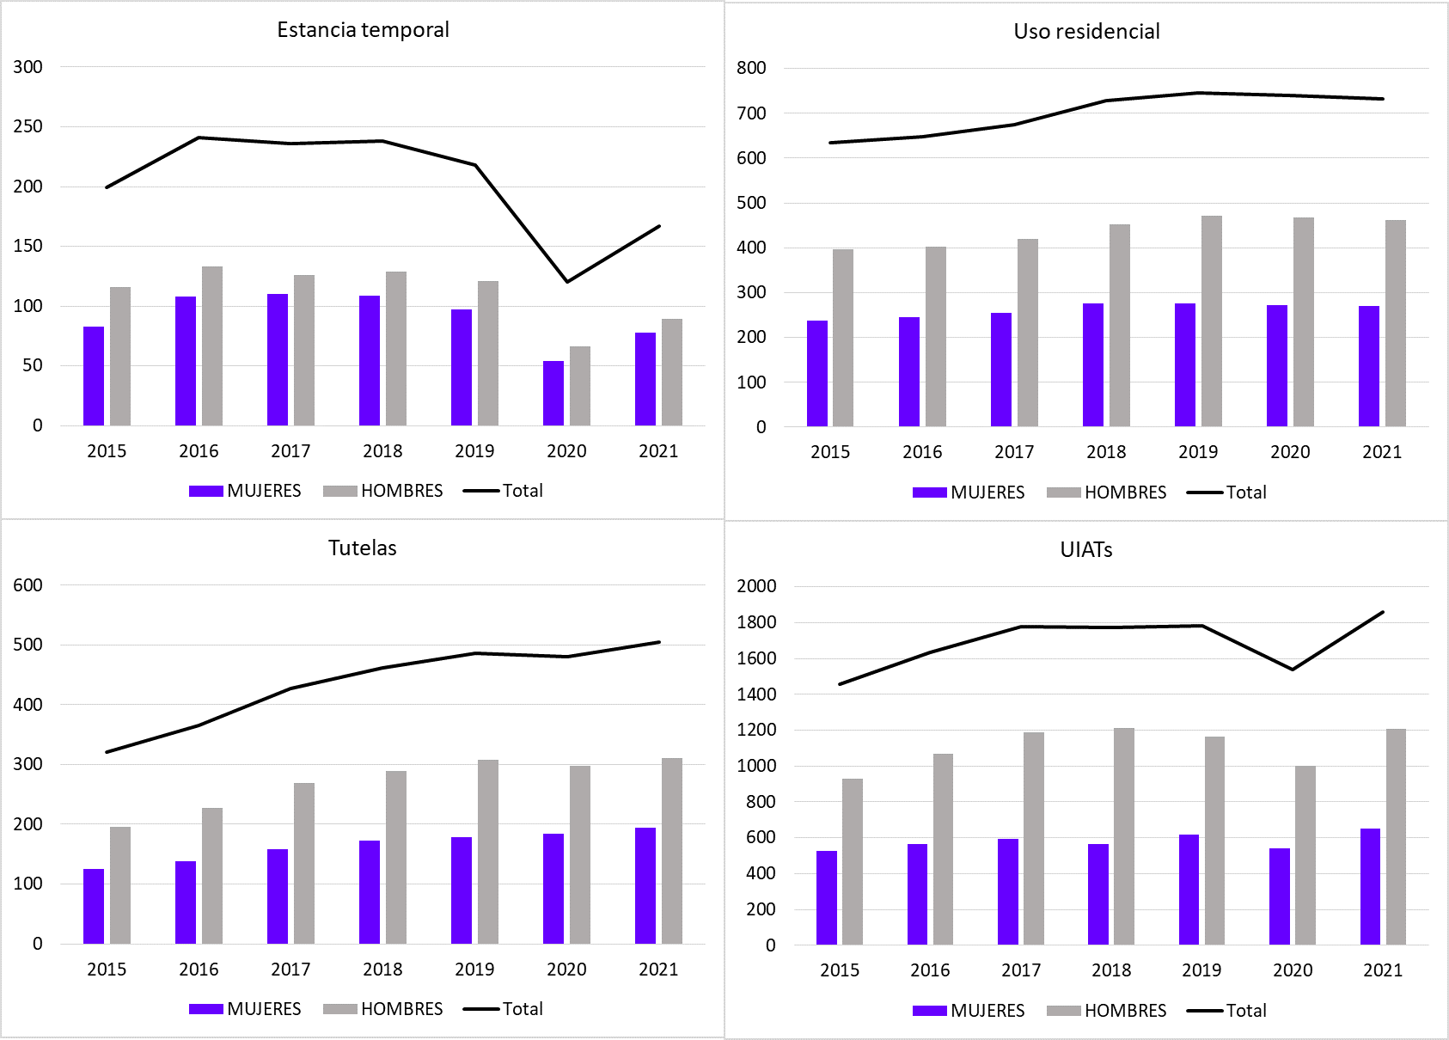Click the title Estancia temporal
(363, 30)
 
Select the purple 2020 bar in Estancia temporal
(553, 394)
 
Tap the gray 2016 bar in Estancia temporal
(212, 346)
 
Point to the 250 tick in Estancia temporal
(28, 126)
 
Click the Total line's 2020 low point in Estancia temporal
(567, 281)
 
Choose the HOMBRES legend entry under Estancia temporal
(383, 491)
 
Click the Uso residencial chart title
(1086, 32)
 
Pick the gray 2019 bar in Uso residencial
(1212, 321)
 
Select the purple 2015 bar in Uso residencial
(817, 374)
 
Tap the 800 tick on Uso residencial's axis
(751, 68)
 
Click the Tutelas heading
(363, 548)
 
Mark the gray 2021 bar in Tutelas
(672, 851)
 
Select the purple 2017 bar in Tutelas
(278, 896)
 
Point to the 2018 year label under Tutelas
(382, 970)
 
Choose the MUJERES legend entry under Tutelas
(246, 1009)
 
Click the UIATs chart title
(1086, 550)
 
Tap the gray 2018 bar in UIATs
(1124, 836)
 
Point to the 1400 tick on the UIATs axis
(756, 694)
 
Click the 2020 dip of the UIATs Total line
(1293, 670)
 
